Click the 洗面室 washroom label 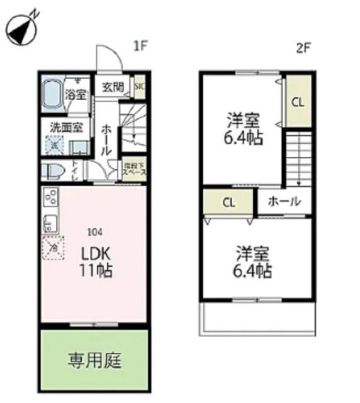(66, 127)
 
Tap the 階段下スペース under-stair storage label (134, 169)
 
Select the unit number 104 (94, 230)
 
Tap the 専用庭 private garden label (95, 361)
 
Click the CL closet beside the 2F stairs (298, 101)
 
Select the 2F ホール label (284, 202)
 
